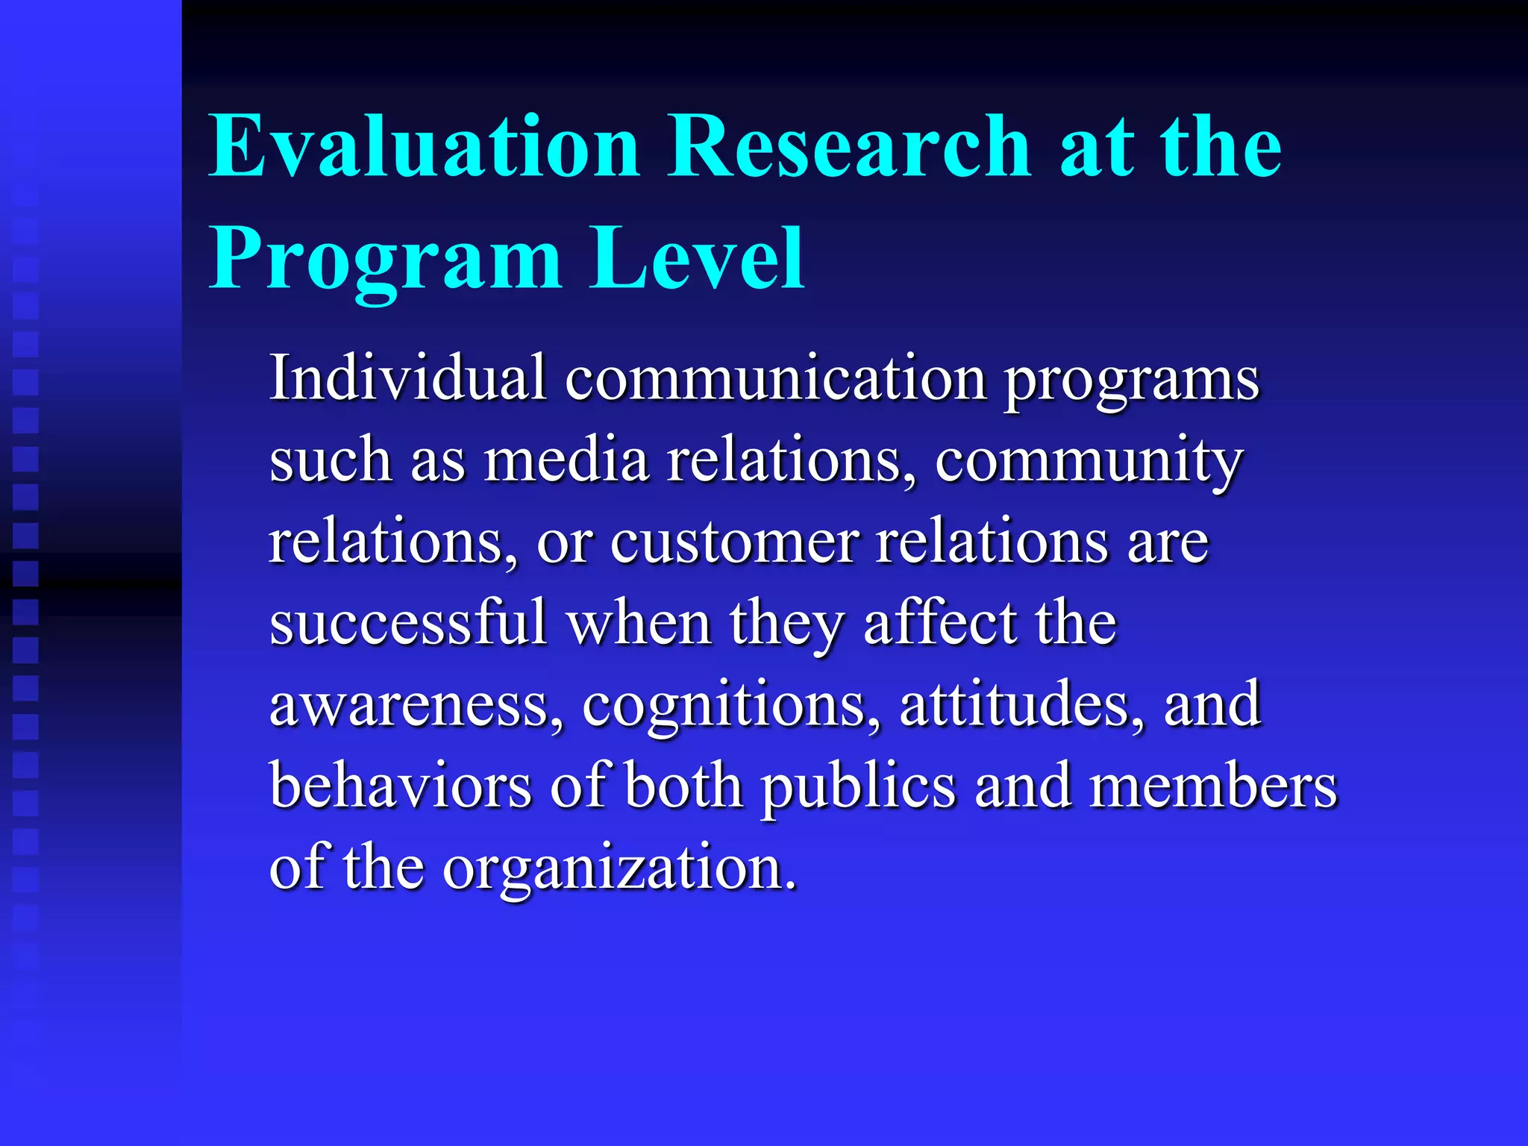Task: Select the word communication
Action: click(776, 378)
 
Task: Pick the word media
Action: click(566, 460)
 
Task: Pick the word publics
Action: click(858, 788)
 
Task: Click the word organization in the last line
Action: click(619, 868)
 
